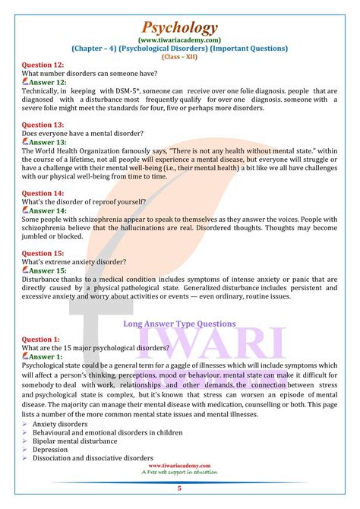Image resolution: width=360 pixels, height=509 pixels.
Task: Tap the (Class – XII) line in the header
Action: (x=179, y=56)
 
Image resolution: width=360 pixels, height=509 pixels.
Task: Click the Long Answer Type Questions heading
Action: (x=179, y=323)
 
